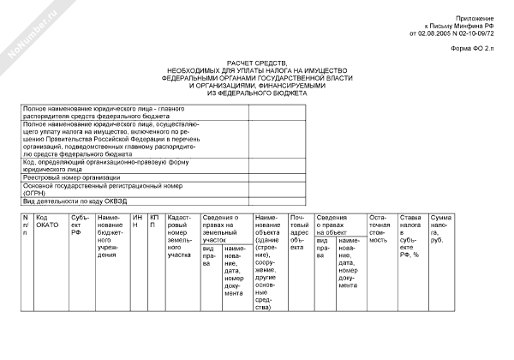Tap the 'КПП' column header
tap(155, 222)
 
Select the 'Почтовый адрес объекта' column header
tap(299, 230)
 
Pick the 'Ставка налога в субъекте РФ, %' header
tap(412, 236)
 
